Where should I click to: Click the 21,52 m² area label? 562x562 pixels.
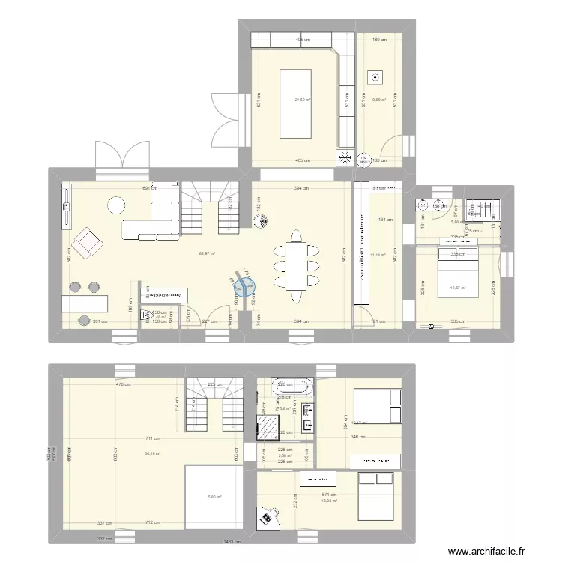click(x=303, y=100)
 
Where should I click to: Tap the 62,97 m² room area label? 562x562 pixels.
click(x=207, y=253)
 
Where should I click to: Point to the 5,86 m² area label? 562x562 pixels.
click(x=214, y=497)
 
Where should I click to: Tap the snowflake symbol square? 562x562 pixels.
click(x=345, y=157)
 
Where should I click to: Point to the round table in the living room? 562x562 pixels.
click(x=116, y=205)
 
